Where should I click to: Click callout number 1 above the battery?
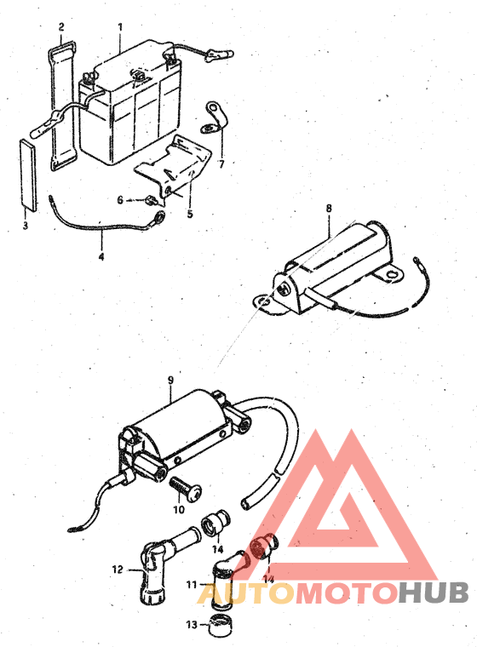[x=120, y=27]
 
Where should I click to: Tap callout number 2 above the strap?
[x=61, y=27]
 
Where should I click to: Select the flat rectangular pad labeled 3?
[x=28, y=175]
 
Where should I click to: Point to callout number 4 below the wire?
[x=101, y=256]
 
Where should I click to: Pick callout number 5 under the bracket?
[x=190, y=214]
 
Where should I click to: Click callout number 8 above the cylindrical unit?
[x=329, y=208]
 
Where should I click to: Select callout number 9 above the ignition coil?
[x=170, y=380]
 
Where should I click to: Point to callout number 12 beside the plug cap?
[x=118, y=570]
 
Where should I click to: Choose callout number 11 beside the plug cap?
[x=191, y=585]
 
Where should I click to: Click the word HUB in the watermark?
[x=433, y=593]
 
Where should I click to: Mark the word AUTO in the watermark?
[x=245, y=593]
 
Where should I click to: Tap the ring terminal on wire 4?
[x=158, y=215]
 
